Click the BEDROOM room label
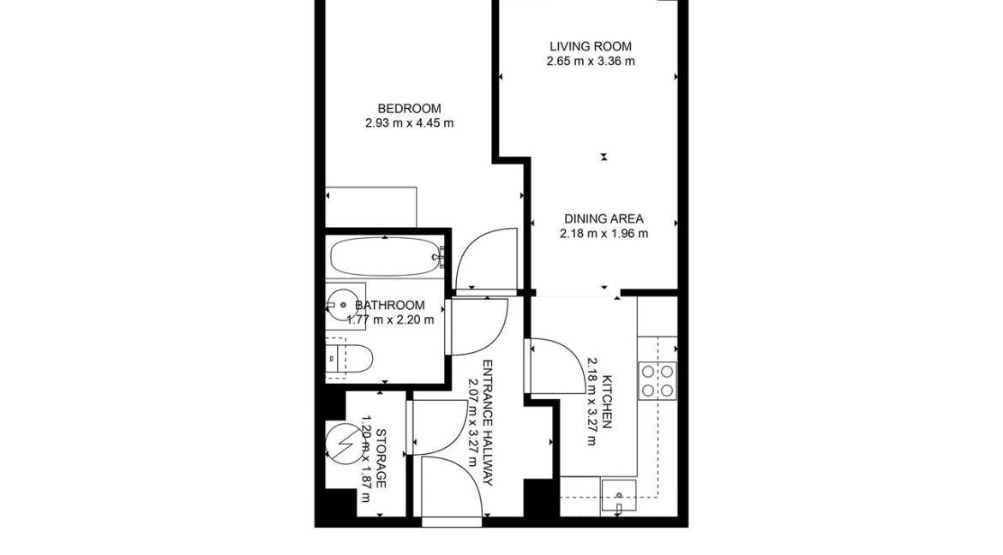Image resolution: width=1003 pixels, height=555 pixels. [409, 109]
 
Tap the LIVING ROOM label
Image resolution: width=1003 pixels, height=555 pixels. [591, 46]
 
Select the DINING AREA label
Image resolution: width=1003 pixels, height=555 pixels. [604, 218]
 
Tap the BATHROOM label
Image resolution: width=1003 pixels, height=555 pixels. [390, 306]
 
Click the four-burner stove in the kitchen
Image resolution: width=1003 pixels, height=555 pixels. [658, 379]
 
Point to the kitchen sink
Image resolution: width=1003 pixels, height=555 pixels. [618, 493]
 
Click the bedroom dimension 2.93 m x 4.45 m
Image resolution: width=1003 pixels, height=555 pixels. [409, 123]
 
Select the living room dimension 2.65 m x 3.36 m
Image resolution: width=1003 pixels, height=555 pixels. [591, 61]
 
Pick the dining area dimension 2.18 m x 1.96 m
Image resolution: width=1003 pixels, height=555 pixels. [604, 233]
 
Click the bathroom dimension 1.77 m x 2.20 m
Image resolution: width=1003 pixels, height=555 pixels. [390, 320]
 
